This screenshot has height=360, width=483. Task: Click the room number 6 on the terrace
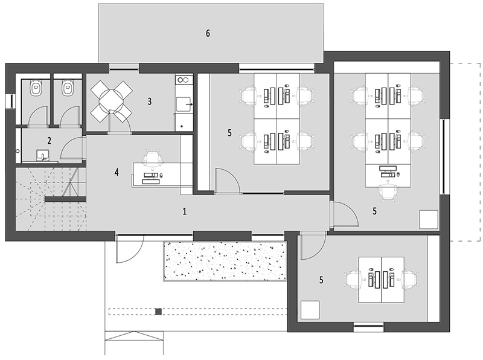pyautogui.click(x=208, y=33)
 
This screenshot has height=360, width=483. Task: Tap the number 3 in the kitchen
pyautogui.click(x=150, y=101)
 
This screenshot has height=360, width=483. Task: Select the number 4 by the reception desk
pyautogui.click(x=117, y=172)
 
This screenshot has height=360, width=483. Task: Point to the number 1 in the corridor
pyautogui.click(x=185, y=211)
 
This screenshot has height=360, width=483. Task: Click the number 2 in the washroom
pyautogui.click(x=50, y=141)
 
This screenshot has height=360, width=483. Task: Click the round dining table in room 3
pyautogui.click(x=111, y=101)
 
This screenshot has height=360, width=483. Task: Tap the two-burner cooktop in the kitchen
pyautogui.click(x=184, y=80)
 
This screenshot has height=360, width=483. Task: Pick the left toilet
pyautogui.click(x=36, y=88)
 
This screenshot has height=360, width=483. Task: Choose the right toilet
pyautogui.click(x=68, y=88)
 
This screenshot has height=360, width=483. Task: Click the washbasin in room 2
pyautogui.click(x=42, y=155)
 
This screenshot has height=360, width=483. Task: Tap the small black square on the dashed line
pyautogui.click(x=158, y=312)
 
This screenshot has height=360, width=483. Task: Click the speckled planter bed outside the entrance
pyautogui.click(x=225, y=261)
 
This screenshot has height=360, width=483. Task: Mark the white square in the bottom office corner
pyautogui.click(x=310, y=310)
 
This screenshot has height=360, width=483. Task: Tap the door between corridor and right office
pyautogui.click(x=344, y=214)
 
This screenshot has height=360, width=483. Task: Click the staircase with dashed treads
pyautogui.click(x=51, y=199)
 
